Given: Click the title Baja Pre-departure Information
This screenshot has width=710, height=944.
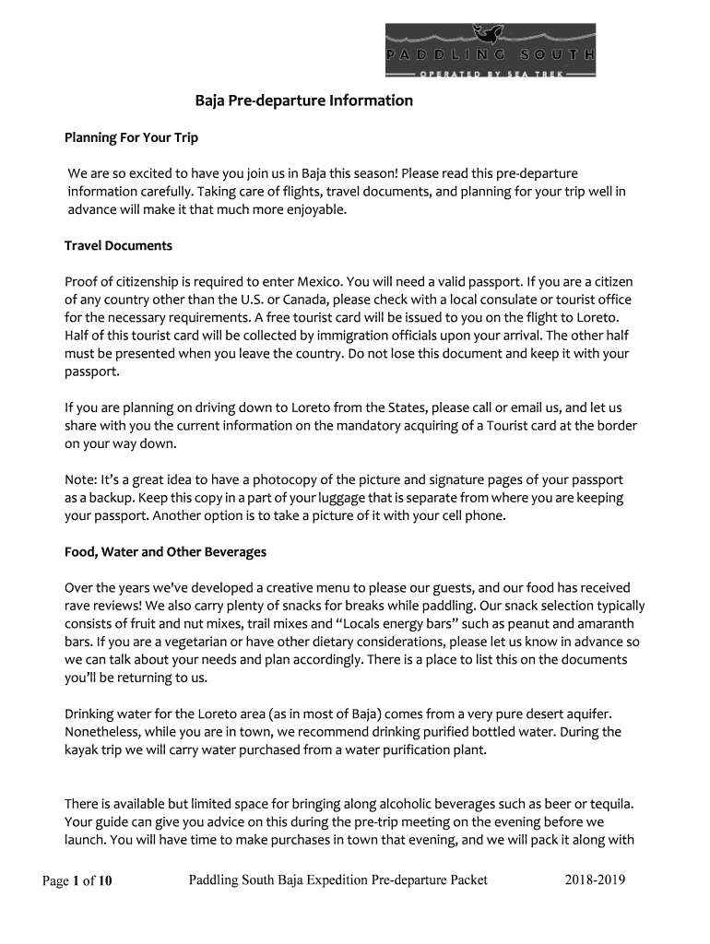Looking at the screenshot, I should pyautogui.click(x=303, y=100).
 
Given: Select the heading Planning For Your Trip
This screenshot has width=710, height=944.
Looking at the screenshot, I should pyautogui.click(x=131, y=138).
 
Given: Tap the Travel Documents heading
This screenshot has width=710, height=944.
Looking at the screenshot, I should pyautogui.click(x=118, y=246).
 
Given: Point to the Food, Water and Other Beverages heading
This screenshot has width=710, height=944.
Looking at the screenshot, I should pyautogui.click(x=165, y=552).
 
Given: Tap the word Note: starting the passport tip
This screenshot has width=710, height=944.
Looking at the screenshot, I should pyautogui.click(x=82, y=480).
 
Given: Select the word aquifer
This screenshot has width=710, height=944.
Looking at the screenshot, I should pyautogui.click(x=586, y=714).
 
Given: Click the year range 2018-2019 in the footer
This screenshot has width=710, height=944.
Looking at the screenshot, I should pyautogui.click(x=595, y=880).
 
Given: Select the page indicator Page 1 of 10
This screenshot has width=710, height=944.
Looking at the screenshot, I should pyautogui.click(x=77, y=881).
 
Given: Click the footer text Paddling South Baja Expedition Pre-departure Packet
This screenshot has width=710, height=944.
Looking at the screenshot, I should pyautogui.click(x=338, y=880).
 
